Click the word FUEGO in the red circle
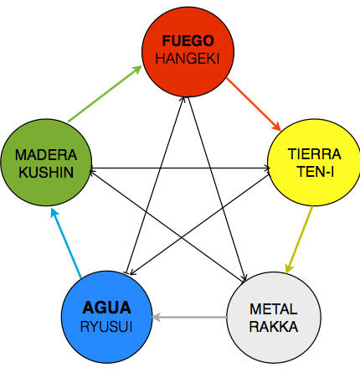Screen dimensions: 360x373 coord(188,41)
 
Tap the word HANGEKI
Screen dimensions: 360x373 coord(188,59)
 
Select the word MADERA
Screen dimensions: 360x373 coord(46,155)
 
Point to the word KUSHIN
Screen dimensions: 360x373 coord(46,172)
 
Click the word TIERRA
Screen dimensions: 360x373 coord(315,154)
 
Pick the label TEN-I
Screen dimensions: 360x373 coord(316,171)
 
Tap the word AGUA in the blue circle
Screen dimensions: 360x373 coord(107,308)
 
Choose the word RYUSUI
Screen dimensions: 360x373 coord(106,327)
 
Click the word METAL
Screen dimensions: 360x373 coord(274,309)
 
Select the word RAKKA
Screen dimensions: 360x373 coord(274,327)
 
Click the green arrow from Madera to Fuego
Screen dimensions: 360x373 coord(105,94)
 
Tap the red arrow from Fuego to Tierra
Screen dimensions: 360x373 coord(254,104)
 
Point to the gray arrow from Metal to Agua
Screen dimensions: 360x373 coord(189,318)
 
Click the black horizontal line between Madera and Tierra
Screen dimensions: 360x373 coord(180,168)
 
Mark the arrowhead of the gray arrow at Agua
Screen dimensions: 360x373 coord(156,318)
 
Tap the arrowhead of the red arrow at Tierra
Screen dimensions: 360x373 coord(277,127)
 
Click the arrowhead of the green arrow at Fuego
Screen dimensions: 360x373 coord(137,70)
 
